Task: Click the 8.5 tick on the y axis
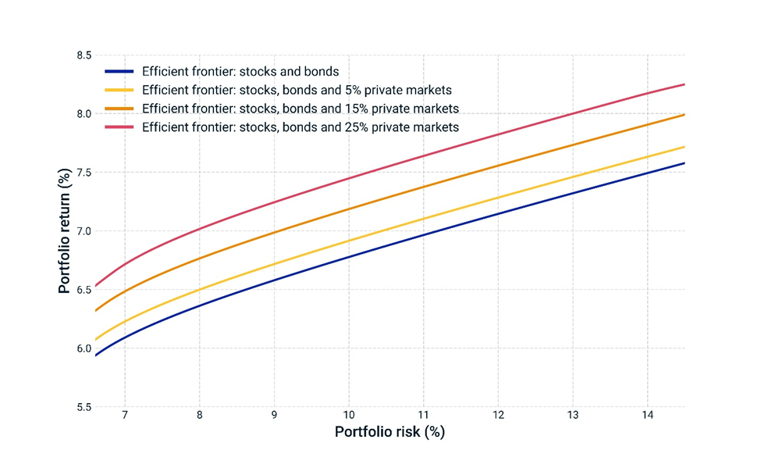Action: click(83, 55)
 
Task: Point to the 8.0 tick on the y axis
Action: click(83, 114)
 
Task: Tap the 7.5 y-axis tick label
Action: click(83, 173)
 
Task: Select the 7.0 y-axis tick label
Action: click(83, 231)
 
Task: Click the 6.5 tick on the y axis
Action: click(83, 290)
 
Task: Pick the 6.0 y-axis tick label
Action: click(83, 348)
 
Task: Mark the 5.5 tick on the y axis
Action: click(83, 407)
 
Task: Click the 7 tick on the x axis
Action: click(125, 416)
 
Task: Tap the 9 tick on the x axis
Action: click(274, 416)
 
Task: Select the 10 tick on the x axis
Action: click(349, 416)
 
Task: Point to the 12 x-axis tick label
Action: click(498, 416)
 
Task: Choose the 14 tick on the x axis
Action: click(647, 416)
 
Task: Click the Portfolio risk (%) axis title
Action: click(389, 432)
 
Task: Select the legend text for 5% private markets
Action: click(297, 90)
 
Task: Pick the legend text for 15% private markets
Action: click(300, 108)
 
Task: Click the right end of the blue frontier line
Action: click(685, 162)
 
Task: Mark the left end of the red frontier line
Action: click(95, 286)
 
